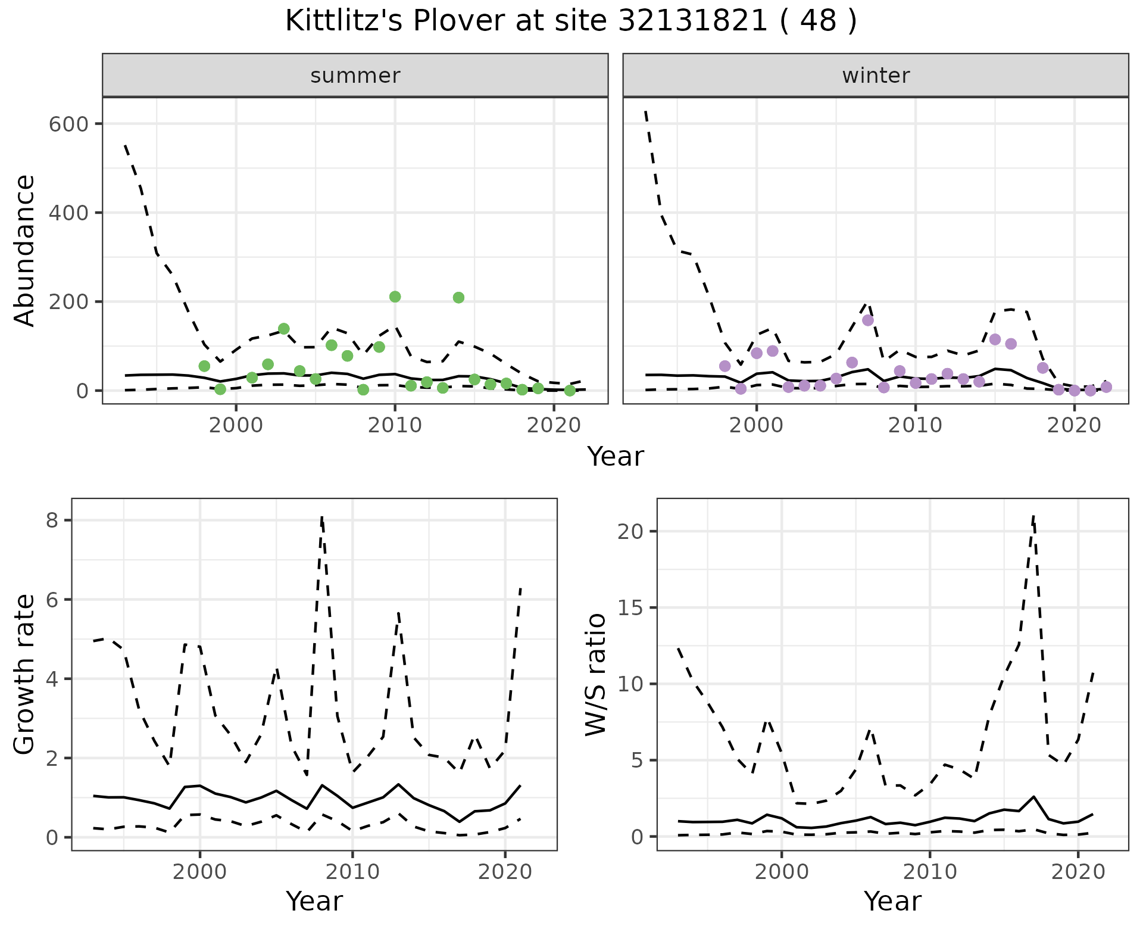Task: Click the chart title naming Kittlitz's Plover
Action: (571, 21)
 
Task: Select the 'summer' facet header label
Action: (355, 76)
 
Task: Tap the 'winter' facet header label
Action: (876, 76)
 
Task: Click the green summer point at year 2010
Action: (395, 297)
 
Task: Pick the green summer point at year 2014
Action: (458, 298)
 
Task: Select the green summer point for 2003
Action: (284, 329)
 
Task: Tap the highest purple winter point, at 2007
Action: (868, 320)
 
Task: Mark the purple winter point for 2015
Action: (995, 339)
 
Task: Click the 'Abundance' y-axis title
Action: (25, 250)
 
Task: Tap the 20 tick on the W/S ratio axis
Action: (630, 531)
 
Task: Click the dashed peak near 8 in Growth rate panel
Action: (321, 518)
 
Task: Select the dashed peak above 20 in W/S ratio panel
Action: (1033, 516)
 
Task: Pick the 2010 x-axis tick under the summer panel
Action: (395, 426)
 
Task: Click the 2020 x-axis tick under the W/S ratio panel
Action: (1078, 872)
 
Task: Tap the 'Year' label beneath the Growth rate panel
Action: (314, 901)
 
